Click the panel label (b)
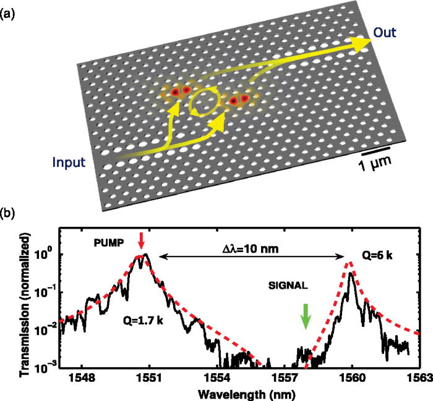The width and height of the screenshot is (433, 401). [9, 215]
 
